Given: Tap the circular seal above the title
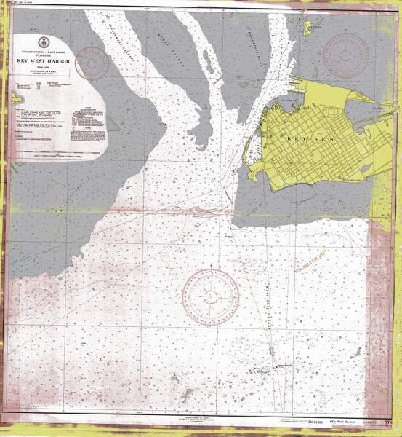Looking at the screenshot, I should click(44, 42).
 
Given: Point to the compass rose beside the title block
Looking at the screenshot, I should click(92, 63).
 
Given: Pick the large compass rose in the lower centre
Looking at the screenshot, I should click(211, 296).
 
